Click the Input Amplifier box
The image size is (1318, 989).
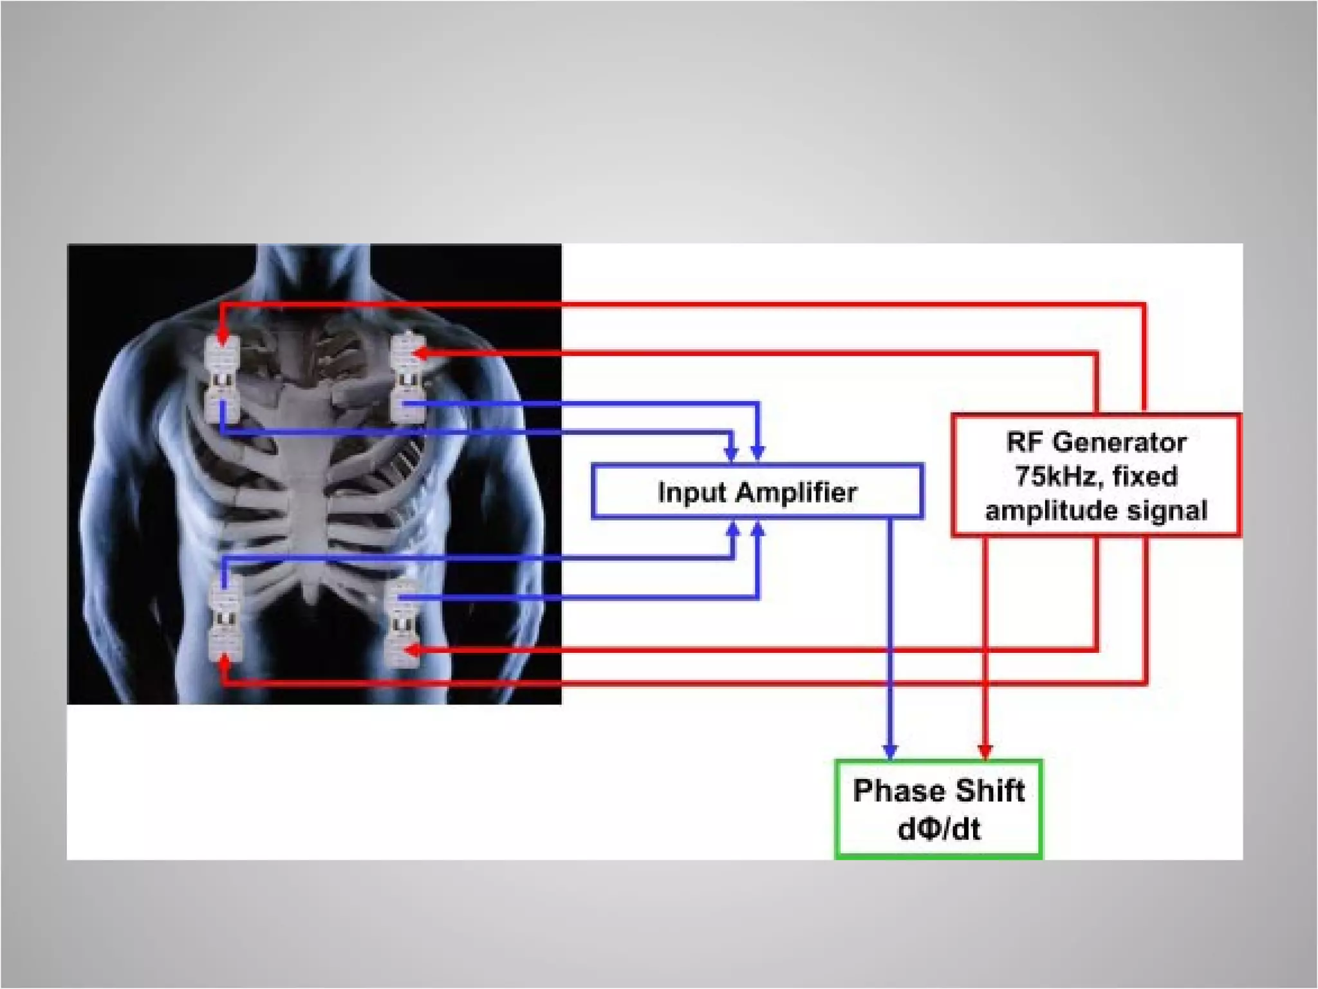[x=757, y=491]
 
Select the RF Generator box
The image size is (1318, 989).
[x=1095, y=475]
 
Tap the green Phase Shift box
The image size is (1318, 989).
[x=938, y=809]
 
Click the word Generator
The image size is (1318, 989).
[x=1120, y=442]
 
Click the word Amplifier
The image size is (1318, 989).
[x=797, y=493]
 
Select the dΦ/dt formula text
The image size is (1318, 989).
[x=939, y=829]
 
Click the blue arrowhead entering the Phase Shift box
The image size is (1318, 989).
[x=890, y=751]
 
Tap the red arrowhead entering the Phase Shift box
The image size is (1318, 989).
[x=985, y=751]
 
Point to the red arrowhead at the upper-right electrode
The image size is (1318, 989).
[x=418, y=353]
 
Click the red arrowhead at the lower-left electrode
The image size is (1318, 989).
[x=224, y=662]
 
